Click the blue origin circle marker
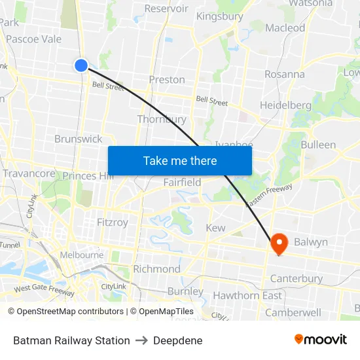click(81, 65)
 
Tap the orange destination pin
click(279, 243)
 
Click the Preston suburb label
click(167, 80)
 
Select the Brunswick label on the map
click(79, 139)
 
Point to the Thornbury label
click(162, 119)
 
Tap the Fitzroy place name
click(113, 222)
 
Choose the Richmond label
click(156, 269)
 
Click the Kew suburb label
click(215, 228)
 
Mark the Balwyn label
click(310, 242)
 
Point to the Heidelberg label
click(285, 105)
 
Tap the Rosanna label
click(284, 74)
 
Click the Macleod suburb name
click(285, 27)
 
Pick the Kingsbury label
click(219, 16)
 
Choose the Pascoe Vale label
click(33, 39)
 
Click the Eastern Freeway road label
click(269, 196)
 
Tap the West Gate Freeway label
click(44, 290)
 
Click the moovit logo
click(321, 340)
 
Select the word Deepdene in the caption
click(177, 340)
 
